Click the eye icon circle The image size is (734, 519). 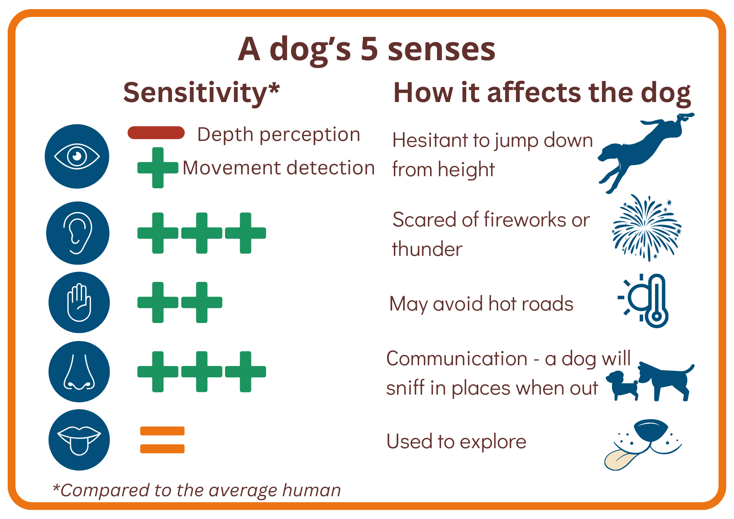(77, 156)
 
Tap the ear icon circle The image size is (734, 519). (78, 233)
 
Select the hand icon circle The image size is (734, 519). (79, 302)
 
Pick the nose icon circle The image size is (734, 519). (79, 372)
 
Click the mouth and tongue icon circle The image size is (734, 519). (79, 440)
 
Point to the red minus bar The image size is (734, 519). (156, 133)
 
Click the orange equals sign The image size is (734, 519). (162, 440)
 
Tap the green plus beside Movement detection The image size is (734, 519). (158, 168)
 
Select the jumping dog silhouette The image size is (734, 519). (646, 152)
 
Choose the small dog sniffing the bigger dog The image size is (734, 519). (622, 385)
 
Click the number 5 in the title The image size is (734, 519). (369, 49)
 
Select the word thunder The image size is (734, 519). (427, 249)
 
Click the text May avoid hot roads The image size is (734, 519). (481, 304)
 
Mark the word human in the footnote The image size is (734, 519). (312, 490)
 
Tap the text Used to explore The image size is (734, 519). (457, 442)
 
